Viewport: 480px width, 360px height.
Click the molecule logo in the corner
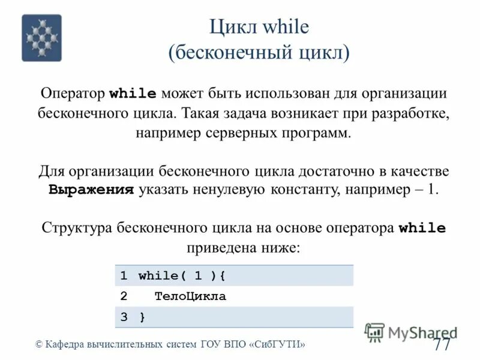(41, 38)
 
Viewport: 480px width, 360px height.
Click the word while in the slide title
(285, 28)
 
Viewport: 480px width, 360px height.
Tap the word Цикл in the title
(232, 28)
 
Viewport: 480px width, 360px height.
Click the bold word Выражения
(91, 190)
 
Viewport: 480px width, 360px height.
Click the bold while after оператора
(422, 228)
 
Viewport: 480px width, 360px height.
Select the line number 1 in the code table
(123, 276)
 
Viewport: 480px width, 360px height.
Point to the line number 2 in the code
(123, 296)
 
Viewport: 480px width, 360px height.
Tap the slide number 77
(442, 345)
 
